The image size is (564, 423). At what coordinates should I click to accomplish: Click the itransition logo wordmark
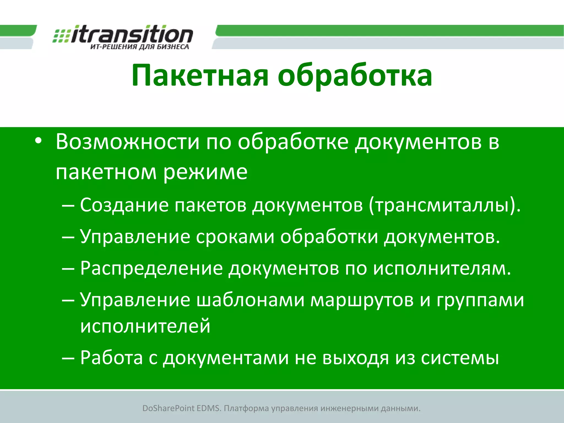point(132,34)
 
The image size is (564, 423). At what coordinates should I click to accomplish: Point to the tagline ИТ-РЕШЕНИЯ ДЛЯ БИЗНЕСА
point(140,47)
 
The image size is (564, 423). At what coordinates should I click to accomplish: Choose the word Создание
point(124,205)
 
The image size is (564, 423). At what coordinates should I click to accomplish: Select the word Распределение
point(151,269)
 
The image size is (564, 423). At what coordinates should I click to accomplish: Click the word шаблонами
point(250,300)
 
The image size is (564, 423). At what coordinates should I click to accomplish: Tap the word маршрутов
point(362,300)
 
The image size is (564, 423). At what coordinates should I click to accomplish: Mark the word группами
point(480,300)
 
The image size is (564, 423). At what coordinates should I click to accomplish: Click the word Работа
point(112,358)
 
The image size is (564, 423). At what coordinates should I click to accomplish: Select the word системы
point(460,358)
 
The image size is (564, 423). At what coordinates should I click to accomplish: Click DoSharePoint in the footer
point(168,408)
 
